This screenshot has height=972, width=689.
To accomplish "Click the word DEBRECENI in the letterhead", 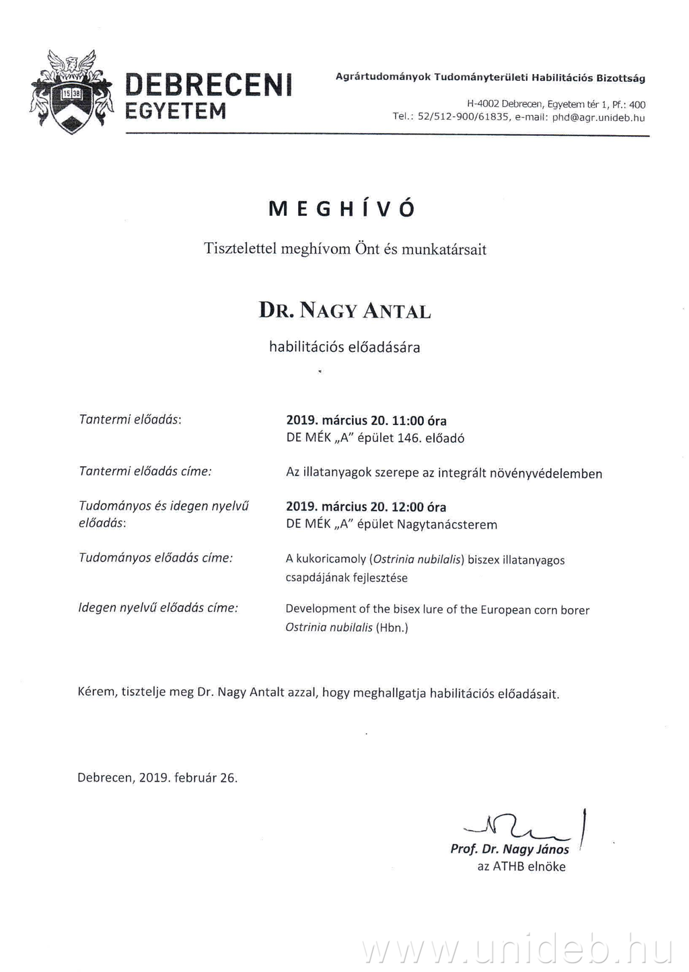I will tap(209, 85).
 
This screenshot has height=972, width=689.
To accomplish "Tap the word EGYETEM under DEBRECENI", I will tap(176, 111).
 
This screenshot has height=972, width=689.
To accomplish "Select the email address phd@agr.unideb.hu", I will tap(598, 118).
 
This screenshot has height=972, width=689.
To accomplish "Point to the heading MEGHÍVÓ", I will tap(342, 209).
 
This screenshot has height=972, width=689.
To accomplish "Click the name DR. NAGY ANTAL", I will tap(344, 311).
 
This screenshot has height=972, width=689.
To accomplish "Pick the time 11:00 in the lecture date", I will tap(408, 421).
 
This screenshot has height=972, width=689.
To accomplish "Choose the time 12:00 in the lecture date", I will tap(408, 507).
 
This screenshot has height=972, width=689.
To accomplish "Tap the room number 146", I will tap(409, 439).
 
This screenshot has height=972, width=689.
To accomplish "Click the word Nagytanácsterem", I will tap(447, 525).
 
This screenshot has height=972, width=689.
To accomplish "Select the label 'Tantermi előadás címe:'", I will tap(145, 472).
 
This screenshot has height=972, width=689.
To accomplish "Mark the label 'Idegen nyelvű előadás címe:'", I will tap(158, 608).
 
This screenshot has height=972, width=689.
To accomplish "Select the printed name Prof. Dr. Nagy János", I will tap(509, 850).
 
